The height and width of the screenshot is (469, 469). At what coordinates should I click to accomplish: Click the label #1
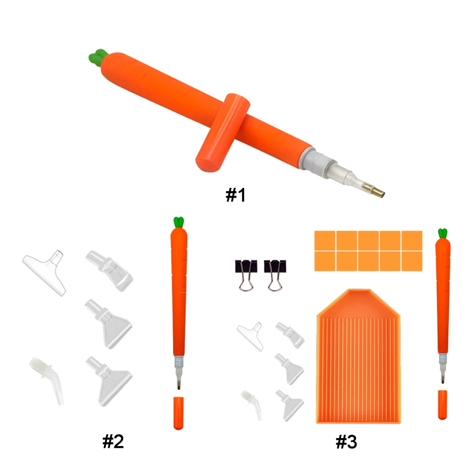tap(236, 195)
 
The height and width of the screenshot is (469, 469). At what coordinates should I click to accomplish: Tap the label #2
tap(113, 441)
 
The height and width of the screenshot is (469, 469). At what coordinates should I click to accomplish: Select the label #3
tap(346, 441)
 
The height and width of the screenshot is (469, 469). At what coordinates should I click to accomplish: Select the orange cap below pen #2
tap(178, 413)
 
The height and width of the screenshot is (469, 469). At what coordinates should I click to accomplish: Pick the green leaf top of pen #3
tap(442, 233)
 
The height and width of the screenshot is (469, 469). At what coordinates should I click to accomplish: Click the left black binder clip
tap(246, 274)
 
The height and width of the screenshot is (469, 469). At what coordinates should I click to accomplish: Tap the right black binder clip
tap(275, 274)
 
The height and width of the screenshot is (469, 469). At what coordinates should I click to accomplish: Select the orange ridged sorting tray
tap(359, 356)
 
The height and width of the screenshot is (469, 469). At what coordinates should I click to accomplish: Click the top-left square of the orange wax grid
tap(325, 240)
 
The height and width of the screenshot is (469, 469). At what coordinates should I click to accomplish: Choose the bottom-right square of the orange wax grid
tap(412, 261)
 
